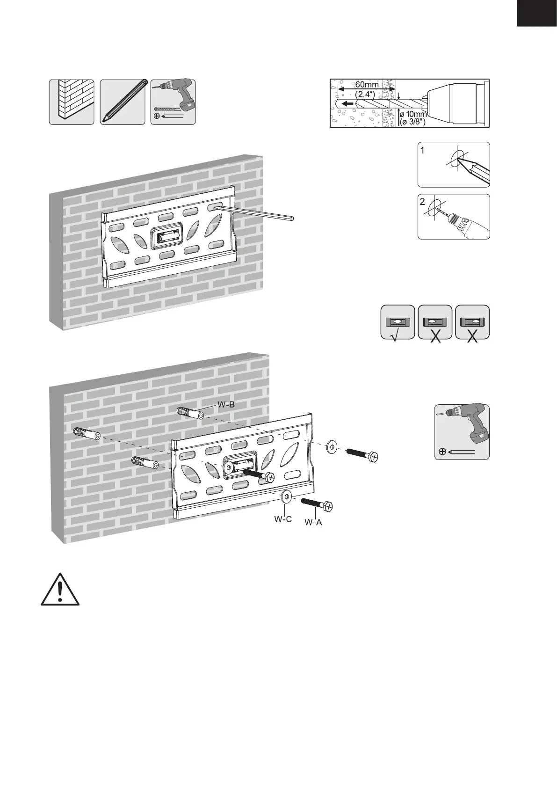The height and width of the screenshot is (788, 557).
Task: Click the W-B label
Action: [x=226, y=405]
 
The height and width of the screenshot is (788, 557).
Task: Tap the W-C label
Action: [x=283, y=519]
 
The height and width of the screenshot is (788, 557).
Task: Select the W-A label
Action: [x=313, y=522]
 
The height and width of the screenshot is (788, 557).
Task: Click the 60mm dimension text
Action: [x=366, y=85]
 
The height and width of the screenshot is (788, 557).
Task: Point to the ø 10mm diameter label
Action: [x=413, y=115]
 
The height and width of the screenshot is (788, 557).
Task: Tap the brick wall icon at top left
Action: [x=72, y=102]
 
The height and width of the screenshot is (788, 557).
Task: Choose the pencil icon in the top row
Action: [x=123, y=102]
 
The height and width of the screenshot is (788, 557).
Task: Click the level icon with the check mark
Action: [x=398, y=322]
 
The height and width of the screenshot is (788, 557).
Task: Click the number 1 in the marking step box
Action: [x=423, y=151]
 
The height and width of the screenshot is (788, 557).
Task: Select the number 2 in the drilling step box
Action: [x=423, y=202]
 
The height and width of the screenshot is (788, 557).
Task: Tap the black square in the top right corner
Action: [x=537, y=14]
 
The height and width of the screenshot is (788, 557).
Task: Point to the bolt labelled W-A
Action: [x=317, y=504]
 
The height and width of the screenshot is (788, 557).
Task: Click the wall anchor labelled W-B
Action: [x=189, y=413]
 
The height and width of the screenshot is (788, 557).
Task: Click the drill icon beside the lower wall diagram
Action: [x=462, y=431]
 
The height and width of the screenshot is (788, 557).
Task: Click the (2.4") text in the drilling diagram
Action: [x=365, y=94]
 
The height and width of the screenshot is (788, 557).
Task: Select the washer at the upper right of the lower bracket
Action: [x=332, y=447]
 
